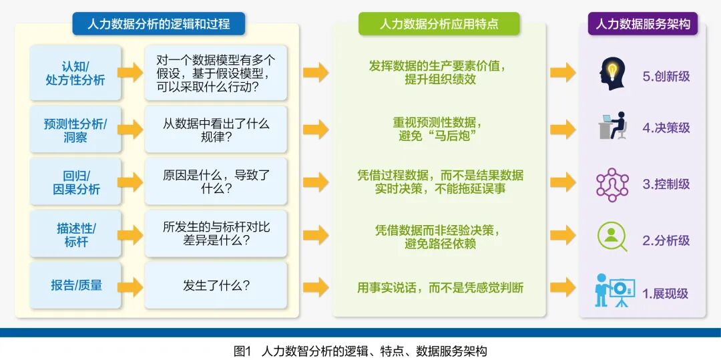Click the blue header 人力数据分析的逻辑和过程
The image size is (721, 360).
pyautogui.click(x=158, y=24)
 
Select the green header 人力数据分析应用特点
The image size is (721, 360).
pyautogui.click(x=439, y=24)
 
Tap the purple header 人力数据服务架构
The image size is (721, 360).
pyautogui.click(x=642, y=24)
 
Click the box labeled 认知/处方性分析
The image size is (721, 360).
pyautogui.click(x=75, y=73)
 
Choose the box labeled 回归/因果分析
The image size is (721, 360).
pyautogui.click(x=75, y=182)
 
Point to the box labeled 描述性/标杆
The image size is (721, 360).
pyautogui.click(x=75, y=234)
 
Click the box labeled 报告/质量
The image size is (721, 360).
pyautogui.click(x=75, y=286)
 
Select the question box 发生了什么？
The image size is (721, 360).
pyautogui.click(x=216, y=286)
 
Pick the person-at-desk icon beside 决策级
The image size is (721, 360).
pyautogui.click(x=612, y=127)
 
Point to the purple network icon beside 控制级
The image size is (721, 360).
pyautogui.click(x=612, y=184)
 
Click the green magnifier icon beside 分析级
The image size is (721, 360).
pyautogui.click(x=612, y=237)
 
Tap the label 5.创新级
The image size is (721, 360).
pyautogui.click(x=666, y=76)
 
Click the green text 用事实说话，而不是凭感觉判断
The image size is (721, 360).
pyautogui.click(x=440, y=288)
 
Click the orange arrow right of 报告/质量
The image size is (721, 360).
pyautogui.click(x=130, y=286)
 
